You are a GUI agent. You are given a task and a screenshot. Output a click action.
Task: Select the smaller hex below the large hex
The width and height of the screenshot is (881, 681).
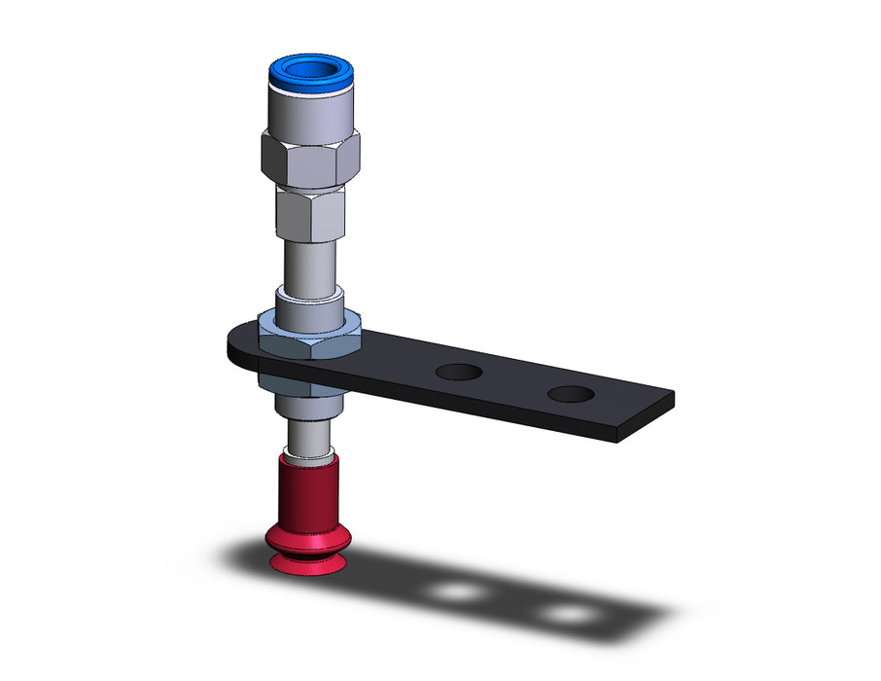(310, 215)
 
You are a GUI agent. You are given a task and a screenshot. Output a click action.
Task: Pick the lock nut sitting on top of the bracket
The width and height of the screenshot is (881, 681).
(310, 333)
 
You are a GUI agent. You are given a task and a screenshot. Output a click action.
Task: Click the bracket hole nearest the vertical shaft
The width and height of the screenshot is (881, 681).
(458, 371)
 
